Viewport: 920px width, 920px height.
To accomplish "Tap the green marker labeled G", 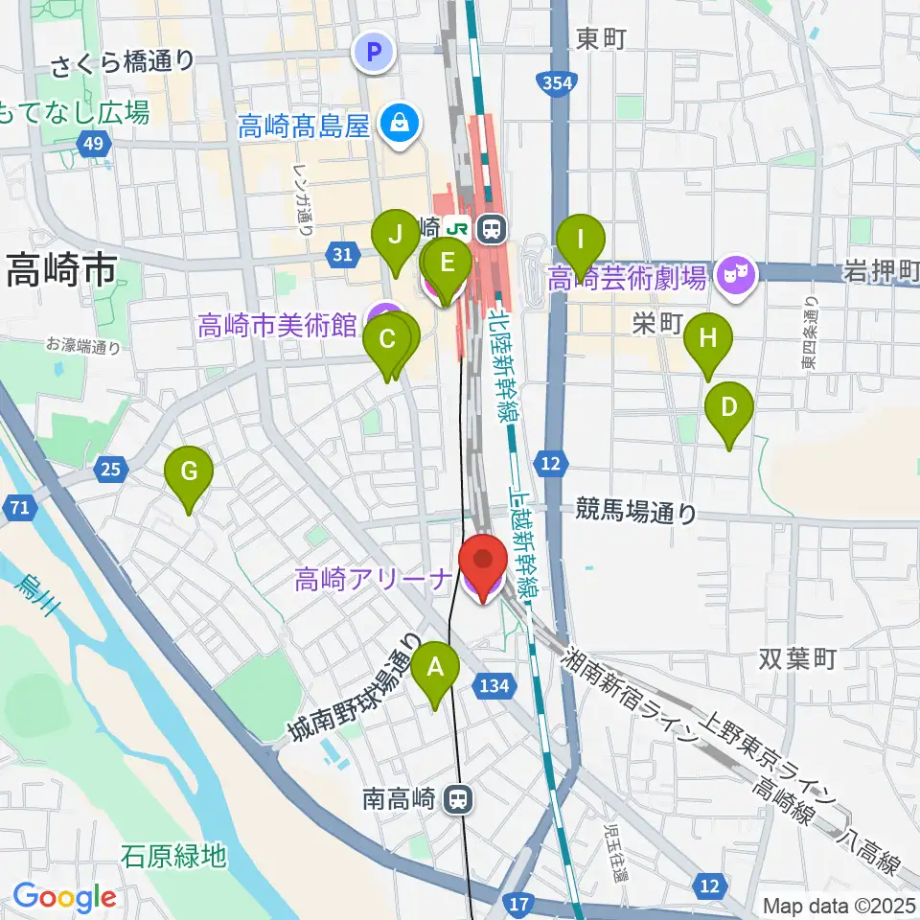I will point(188,471).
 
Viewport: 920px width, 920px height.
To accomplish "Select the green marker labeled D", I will point(728,406).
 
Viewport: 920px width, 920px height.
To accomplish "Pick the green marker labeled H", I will point(707,338).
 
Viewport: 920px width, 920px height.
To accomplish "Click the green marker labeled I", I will point(579,237).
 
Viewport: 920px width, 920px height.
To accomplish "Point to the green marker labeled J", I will point(394,234).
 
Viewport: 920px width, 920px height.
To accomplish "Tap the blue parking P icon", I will point(375,52).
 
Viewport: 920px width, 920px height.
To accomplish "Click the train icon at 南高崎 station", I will point(461,797).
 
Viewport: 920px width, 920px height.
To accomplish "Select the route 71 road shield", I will point(19,509).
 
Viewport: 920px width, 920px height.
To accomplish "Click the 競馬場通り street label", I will point(636,513).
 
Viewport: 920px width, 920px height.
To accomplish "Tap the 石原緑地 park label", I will point(174,855).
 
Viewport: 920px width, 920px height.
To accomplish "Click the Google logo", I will point(64,898).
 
